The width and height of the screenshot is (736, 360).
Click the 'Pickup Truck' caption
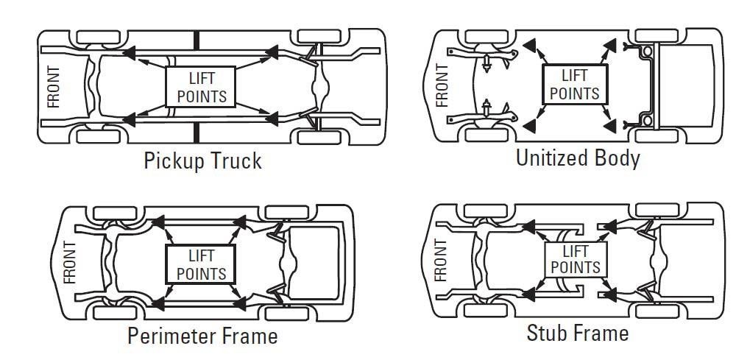[x=202, y=161]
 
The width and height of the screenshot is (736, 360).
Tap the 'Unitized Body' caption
[x=578, y=158]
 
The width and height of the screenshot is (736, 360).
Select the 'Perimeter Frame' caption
[x=202, y=336]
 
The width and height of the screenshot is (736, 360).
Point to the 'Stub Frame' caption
[x=577, y=333]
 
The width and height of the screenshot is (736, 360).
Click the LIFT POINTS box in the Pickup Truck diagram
[x=200, y=87]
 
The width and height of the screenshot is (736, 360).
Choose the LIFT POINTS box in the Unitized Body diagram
[x=575, y=85]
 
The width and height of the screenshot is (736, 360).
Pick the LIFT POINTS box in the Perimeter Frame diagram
[x=201, y=264]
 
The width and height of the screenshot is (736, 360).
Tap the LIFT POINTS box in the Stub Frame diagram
[x=576, y=260]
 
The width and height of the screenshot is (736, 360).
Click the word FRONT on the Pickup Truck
[x=54, y=88]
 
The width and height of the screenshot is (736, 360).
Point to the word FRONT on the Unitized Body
[x=442, y=85]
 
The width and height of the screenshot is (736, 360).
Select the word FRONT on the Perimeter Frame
[x=69, y=262]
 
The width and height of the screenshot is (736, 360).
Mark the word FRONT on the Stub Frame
[x=441, y=260]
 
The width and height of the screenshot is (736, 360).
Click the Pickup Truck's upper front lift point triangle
[x=129, y=52]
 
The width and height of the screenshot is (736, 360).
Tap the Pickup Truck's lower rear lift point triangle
[x=272, y=119]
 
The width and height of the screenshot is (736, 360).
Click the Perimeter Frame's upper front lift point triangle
[x=159, y=222]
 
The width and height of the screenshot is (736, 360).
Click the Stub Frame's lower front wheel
[x=486, y=310]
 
